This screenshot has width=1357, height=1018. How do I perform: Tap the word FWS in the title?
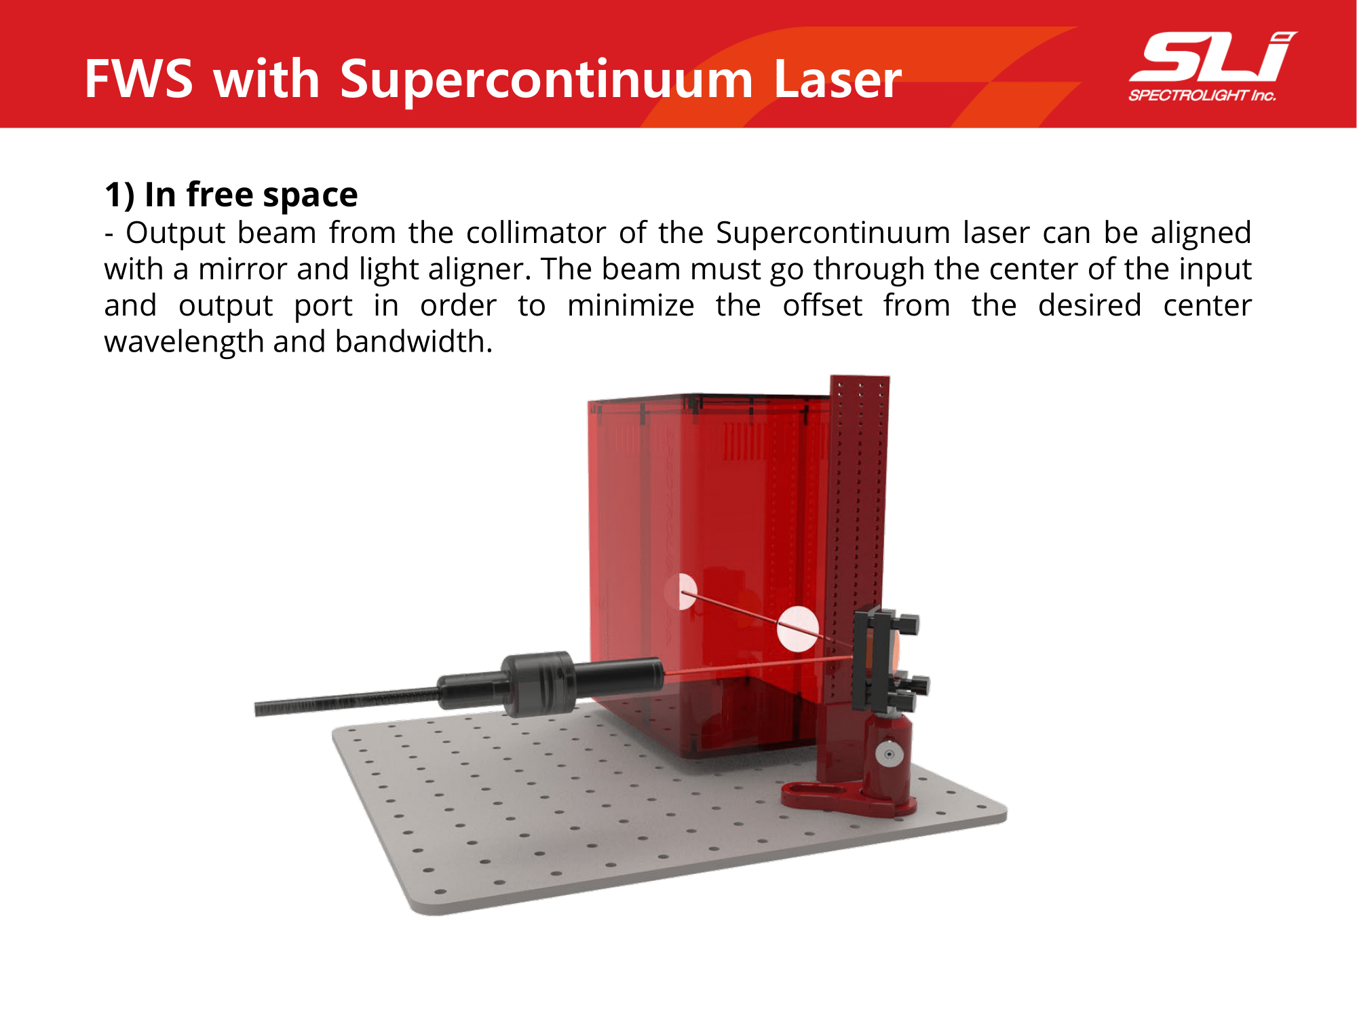[139, 79]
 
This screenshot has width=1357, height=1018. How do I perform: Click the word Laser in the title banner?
[837, 79]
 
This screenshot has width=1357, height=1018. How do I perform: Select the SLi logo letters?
[1213, 57]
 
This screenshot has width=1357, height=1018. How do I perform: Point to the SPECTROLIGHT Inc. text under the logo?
[1202, 96]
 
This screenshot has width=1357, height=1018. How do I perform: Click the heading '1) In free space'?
[231, 195]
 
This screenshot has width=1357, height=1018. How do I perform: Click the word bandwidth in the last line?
[413, 341]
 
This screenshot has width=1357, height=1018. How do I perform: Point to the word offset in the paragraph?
[822, 305]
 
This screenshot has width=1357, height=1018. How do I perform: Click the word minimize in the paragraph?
[631, 305]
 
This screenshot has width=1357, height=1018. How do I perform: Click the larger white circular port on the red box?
[798, 629]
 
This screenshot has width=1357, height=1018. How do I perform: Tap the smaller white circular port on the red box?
[687, 591]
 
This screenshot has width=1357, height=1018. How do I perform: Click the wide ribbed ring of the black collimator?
[539, 684]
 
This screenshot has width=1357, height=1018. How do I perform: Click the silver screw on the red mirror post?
[888, 754]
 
